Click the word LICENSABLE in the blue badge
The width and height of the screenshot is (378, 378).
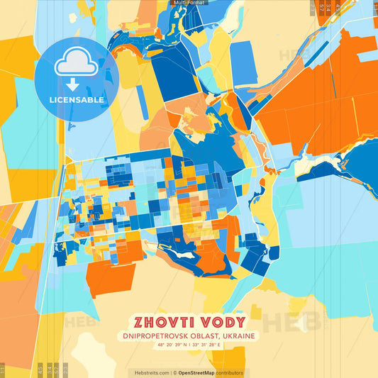[77, 100]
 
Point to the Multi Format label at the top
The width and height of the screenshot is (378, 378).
[189, 4]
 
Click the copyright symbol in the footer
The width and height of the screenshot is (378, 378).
[174, 372]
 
